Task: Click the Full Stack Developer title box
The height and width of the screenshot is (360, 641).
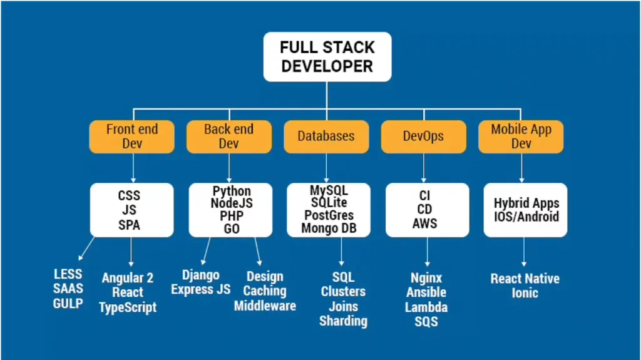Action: pyautogui.click(x=327, y=57)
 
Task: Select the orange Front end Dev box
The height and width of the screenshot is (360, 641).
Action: pyautogui.click(x=132, y=136)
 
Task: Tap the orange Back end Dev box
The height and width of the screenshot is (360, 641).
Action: pyautogui.click(x=229, y=136)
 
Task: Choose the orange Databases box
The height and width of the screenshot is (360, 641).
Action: pyautogui.click(x=326, y=136)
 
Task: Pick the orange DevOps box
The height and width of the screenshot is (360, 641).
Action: pyautogui.click(x=424, y=136)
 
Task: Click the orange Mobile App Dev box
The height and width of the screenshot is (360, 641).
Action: pyautogui.click(x=521, y=136)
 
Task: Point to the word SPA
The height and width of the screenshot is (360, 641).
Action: pyautogui.click(x=130, y=225)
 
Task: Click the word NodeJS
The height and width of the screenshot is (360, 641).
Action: pyautogui.click(x=232, y=203)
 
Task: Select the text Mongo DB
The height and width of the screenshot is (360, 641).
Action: pyautogui.click(x=329, y=228)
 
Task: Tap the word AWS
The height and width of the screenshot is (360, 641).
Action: pyautogui.click(x=425, y=224)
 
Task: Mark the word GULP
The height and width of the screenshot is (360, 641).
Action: pyautogui.click(x=68, y=304)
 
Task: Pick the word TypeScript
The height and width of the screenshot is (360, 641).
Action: pyautogui.click(x=128, y=307)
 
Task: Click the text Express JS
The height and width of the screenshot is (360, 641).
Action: pyautogui.click(x=201, y=289)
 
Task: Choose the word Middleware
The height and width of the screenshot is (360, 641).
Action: pyautogui.click(x=265, y=306)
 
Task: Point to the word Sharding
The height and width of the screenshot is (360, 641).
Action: pyautogui.click(x=343, y=321)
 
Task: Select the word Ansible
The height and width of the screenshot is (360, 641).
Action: pyautogui.click(x=426, y=292)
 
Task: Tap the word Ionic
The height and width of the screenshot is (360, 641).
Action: pyautogui.click(x=525, y=293)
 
